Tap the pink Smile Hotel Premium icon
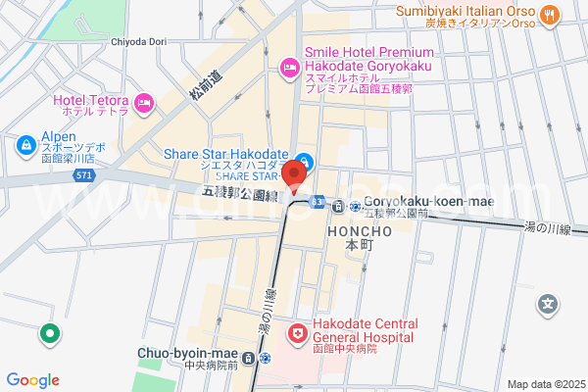click(x=289, y=67)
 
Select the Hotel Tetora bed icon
click(x=144, y=102)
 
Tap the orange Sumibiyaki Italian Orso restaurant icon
click(x=549, y=15)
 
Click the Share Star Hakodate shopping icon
click(x=305, y=161)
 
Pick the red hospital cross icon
click(x=296, y=334)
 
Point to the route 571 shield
click(x=85, y=175)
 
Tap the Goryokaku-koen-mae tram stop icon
click(x=337, y=206)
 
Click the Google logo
click(x=32, y=380)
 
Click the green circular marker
click(x=48, y=334)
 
